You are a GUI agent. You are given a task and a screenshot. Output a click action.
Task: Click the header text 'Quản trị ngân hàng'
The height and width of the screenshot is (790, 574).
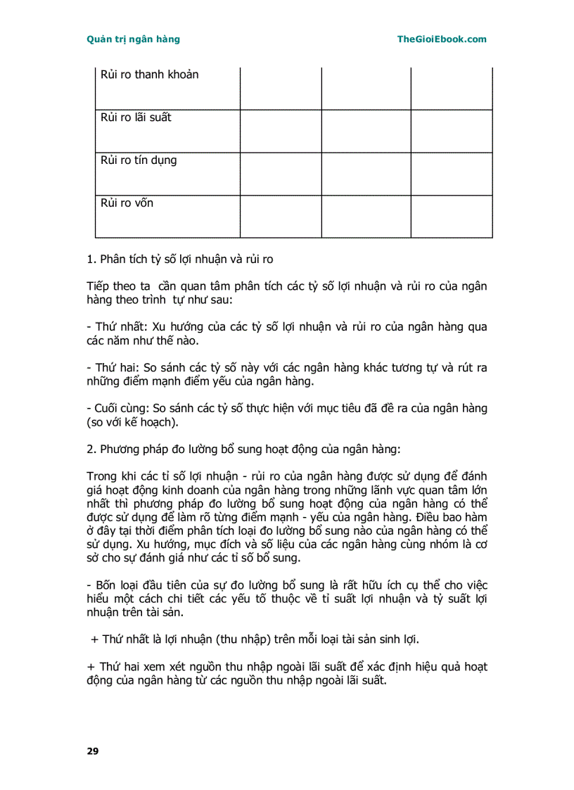(x=133, y=39)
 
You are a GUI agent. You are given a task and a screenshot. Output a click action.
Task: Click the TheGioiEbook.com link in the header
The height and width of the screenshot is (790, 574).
(x=441, y=39)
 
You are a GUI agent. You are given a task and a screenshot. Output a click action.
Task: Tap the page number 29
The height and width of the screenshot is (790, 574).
(x=93, y=751)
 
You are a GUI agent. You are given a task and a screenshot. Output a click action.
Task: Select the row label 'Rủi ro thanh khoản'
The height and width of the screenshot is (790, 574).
(x=149, y=75)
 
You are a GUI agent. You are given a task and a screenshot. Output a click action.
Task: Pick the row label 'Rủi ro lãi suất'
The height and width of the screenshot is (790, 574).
(x=136, y=117)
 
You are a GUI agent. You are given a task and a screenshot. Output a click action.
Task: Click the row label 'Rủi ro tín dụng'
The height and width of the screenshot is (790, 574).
(x=139, y=160)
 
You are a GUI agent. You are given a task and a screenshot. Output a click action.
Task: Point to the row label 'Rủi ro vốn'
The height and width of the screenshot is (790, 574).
(x=127, y=203)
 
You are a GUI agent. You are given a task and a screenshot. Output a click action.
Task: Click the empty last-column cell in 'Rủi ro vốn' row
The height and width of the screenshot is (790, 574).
(x=452, y=217)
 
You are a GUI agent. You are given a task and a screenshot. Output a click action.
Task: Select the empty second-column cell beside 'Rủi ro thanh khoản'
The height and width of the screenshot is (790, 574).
(x=281, y=88)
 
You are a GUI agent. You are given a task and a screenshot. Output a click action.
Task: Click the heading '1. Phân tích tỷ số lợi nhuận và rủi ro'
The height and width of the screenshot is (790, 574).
(x=179, y=260)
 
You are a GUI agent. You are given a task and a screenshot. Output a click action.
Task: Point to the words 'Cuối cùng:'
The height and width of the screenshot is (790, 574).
(x=121, y=409)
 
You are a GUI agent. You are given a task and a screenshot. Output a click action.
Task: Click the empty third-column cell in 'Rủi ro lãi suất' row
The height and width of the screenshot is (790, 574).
(x=366, y=131)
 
